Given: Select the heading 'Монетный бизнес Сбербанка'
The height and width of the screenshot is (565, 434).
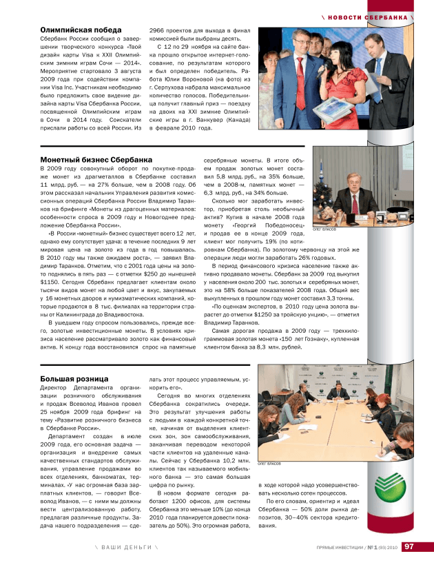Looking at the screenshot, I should click(96, 159).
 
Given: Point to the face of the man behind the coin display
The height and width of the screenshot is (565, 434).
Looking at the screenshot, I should click(350, 180).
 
